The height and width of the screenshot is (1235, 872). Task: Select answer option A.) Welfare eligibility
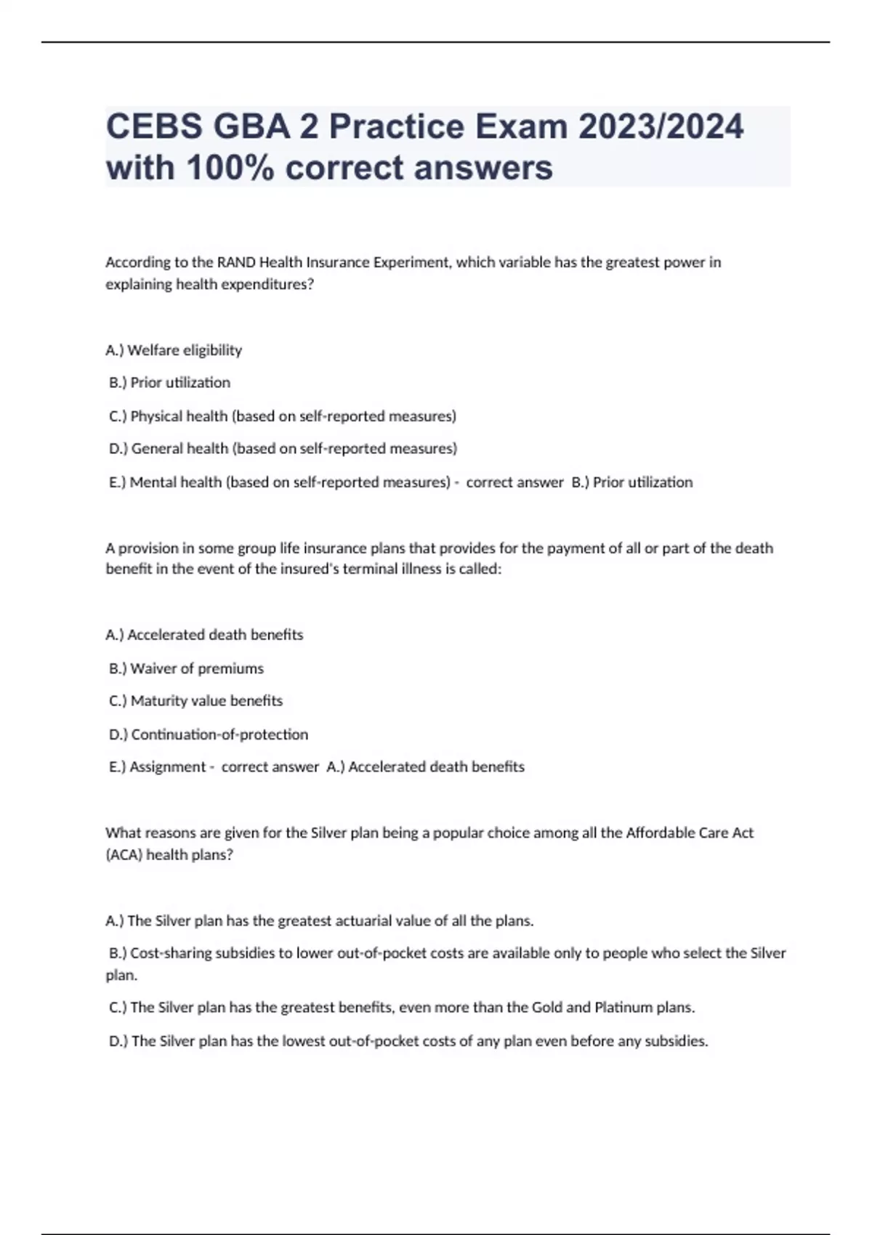(x=174, y=350)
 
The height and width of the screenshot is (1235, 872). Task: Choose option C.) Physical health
(x=283, y=416)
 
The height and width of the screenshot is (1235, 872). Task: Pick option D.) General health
(x=283, y=449)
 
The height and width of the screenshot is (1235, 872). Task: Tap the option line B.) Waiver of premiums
(x=186, y=668)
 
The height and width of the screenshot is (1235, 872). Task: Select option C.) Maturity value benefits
(x=195, y=701)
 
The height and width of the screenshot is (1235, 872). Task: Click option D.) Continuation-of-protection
(x=209, y=734)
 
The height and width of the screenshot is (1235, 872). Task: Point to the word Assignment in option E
(x=168, y=767)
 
